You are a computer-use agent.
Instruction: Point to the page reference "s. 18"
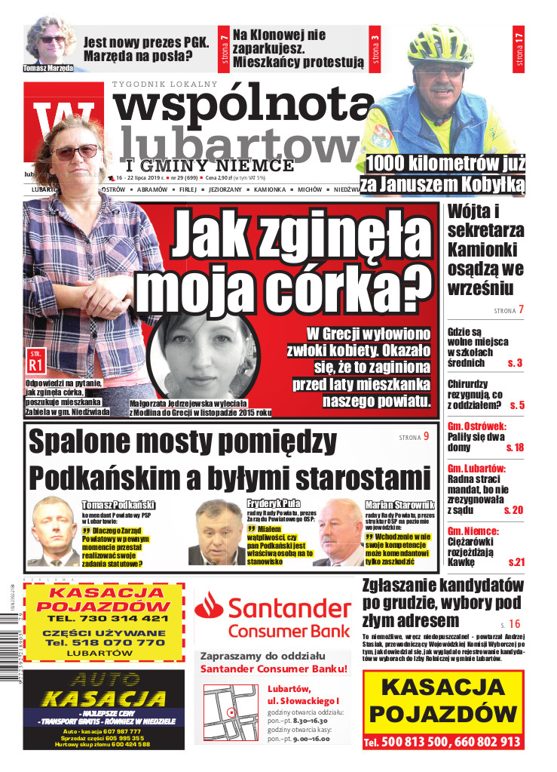click(515, 448)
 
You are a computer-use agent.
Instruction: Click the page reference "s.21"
click(516, 562)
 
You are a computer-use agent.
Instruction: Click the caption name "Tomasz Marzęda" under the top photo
click(48, 67)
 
